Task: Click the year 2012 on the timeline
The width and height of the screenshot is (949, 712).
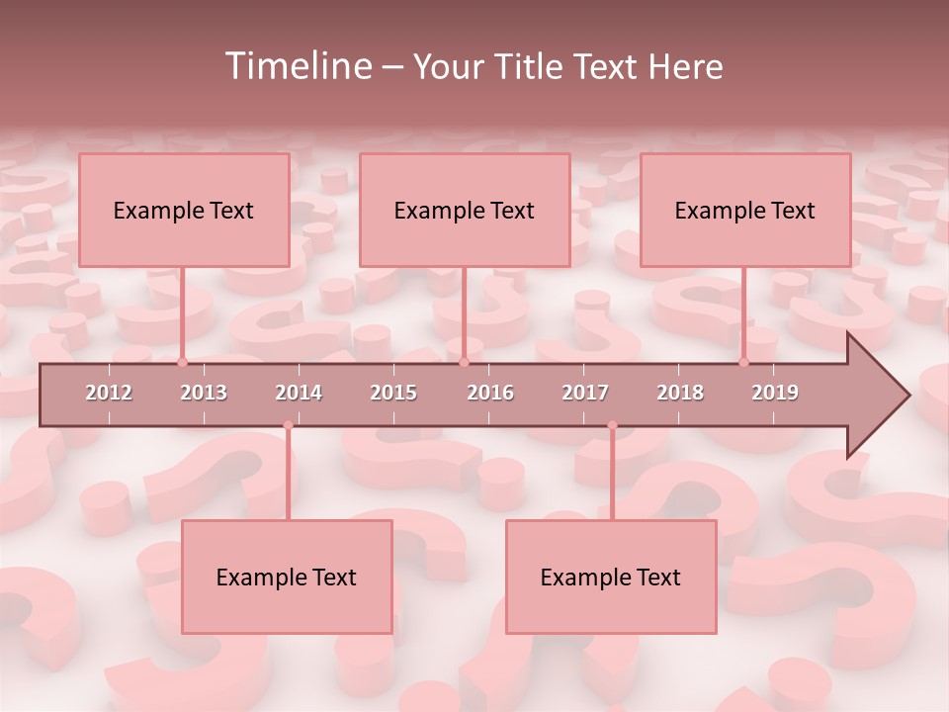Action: click(x=109, y=393)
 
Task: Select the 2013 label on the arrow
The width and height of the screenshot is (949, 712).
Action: click(x=204, y=393)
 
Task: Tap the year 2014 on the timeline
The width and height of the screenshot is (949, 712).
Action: click(x=299, y=393)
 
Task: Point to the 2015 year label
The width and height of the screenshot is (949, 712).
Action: click(x=393, y=393)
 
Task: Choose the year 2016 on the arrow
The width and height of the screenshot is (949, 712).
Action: click(x=490, y=393)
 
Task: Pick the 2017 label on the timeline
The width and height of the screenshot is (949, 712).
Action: click(x=585, y=393)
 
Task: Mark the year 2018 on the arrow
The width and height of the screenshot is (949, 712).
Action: click(x=680, y=393)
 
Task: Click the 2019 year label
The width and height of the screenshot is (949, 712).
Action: click(x=775, y=393)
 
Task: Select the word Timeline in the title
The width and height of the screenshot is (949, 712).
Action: click(x=297, y=66)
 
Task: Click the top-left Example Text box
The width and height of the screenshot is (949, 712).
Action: click(x=184, y=210)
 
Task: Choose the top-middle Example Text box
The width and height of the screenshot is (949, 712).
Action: click(x=465, y=210)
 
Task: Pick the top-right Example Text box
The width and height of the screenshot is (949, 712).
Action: click(x=745, y=210)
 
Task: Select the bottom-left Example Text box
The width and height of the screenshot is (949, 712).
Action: click(x=287, y=577)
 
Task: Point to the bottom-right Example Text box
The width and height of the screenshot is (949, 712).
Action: click(x=611, y=577)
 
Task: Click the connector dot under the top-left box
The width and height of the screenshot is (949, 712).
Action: click(x=182, y=362)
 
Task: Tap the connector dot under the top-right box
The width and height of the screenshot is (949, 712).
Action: click(x=743, y=362)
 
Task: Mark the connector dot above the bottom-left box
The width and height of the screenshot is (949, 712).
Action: click(x=288, y=425)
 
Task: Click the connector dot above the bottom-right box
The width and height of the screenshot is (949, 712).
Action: click(x=612, y=425)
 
